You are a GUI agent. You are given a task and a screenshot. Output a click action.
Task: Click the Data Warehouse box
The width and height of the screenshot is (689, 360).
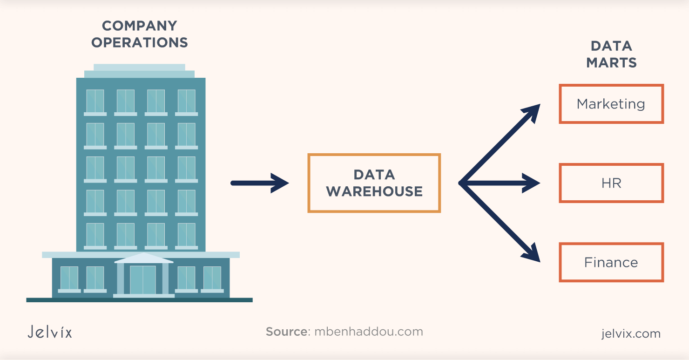[374, 183]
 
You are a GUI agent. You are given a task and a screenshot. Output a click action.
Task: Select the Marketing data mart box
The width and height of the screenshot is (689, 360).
[611, 104]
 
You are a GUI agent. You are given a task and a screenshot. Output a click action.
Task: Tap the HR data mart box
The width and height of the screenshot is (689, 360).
[611, 183]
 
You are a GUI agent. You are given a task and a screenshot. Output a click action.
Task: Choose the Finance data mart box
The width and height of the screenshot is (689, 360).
[611, 262]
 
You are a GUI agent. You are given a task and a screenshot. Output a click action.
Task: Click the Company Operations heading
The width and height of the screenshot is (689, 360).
[140, 34]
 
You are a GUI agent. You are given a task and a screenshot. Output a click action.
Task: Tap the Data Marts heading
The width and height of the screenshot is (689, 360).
[611, 54]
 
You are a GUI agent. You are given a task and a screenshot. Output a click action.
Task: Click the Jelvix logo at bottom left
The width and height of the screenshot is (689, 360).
[49, 332]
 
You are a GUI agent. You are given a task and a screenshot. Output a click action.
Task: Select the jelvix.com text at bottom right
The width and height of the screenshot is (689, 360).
[630, 333]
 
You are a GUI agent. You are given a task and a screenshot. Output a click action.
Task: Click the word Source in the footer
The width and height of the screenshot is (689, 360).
[286, 332]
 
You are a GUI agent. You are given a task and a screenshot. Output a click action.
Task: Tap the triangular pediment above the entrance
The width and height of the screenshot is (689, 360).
[143, 258]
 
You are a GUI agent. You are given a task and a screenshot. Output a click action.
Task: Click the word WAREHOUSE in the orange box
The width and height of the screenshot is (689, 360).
[374, 191]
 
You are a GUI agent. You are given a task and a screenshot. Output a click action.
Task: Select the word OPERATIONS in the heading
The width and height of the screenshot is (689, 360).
[140, 42]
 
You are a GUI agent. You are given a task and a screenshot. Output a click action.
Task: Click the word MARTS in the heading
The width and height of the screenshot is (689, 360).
[611, 62]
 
